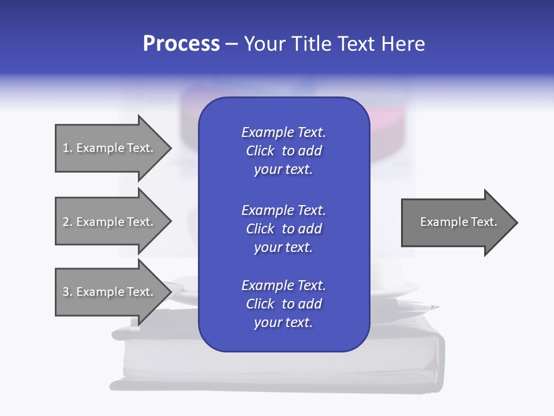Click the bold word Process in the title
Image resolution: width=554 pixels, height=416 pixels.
[181, 44]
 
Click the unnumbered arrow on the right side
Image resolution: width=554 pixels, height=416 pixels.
[456, 222]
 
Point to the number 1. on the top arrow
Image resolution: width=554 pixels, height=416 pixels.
[68, 148]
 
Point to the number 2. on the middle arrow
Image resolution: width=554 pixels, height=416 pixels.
[68, 222]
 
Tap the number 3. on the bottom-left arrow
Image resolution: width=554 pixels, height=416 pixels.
[68, 292]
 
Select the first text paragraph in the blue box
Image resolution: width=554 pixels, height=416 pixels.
[283, 151]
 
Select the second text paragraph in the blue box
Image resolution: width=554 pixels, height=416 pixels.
[283, 228]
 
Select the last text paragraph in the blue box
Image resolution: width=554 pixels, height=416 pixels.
[283, 304]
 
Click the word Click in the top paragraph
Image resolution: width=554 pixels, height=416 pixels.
[260, 151]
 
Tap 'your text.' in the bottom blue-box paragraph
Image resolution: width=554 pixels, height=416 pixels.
[283, 322]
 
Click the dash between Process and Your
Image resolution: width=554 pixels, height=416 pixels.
[231, 44]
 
